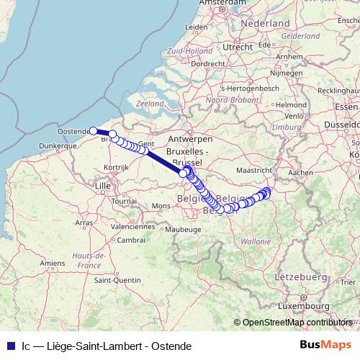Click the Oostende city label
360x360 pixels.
click(x=73, y=131)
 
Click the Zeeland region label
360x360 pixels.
click(x=150, y=104)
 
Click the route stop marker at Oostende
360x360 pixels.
click(x=93, y=130)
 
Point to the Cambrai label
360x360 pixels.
click(x=132, y=240)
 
